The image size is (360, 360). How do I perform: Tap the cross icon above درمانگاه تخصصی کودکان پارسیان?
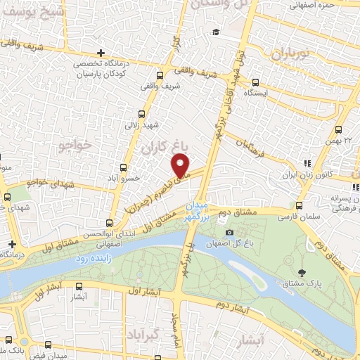pyautogui.click(x=102, y=53)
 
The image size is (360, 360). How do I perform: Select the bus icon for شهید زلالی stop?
pyautogui.click(x=142, y=114)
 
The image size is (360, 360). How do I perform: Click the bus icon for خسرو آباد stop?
pyautogui.click(x=124, y=167)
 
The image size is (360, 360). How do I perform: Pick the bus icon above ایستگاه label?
pyautogui.click(x=256, y=82)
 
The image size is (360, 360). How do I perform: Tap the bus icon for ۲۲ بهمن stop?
pyautogui.click(x=338, y=129)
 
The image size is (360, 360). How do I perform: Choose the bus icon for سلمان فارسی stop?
pyautogui.click(x=300, y=206)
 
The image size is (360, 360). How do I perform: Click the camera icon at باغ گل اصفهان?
pyautogui.click(x=229, y=233)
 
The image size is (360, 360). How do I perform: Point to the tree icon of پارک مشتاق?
pyautogui.click(x=302, y=273)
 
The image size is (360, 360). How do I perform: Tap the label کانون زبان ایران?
pyautogui.click(x=296, y=174)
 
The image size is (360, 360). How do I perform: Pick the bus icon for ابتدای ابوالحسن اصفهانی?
pyautogui.click(x=108, y=222)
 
